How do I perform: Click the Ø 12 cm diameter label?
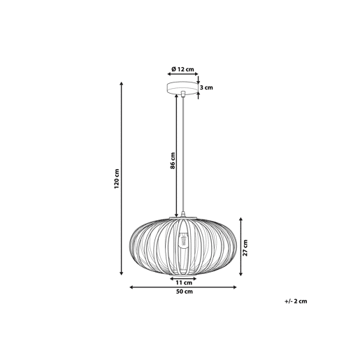pyautogui.click(x=182, y=69)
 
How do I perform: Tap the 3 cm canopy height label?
pyautogui.click(x=207, y=87)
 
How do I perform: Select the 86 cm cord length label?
pyautogui.click(x=173, y=161)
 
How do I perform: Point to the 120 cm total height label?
pyautogui.click(x=117, y=179)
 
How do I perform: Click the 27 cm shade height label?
pyautogui.click(x=245, y=247)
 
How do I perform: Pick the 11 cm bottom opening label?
pyautogui.click(x=184, y=283)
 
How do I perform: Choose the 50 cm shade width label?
pyautogui.click(x=185, y=291)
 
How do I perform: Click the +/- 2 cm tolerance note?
pyautogui.click(x=296, y=301)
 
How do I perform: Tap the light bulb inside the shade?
pyautogui.click(x=184, y=240)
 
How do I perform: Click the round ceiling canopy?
pyautogui.click(x=182, y=88)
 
